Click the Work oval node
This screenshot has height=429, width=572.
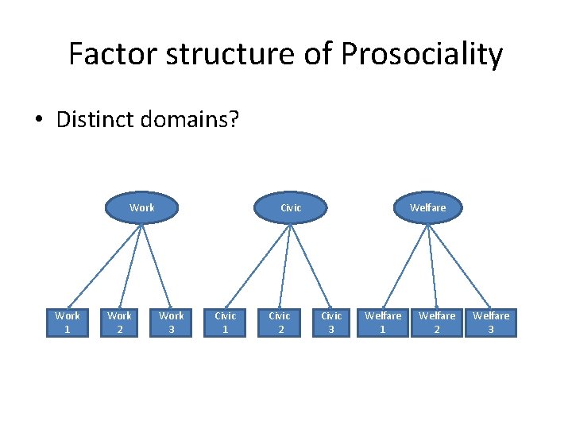141,207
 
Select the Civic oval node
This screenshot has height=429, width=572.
291,207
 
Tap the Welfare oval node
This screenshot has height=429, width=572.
427,207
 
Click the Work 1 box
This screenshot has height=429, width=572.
68,323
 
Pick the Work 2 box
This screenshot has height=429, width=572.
120,323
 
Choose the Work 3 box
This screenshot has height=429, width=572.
172,323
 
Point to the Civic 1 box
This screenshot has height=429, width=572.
226,323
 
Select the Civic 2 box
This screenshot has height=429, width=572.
280,323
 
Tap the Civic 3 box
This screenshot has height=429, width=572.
331,323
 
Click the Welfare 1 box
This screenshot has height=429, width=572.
383,323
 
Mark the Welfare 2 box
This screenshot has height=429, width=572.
438,323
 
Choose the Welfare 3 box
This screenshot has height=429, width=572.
490,323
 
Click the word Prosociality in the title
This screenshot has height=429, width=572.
422,55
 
